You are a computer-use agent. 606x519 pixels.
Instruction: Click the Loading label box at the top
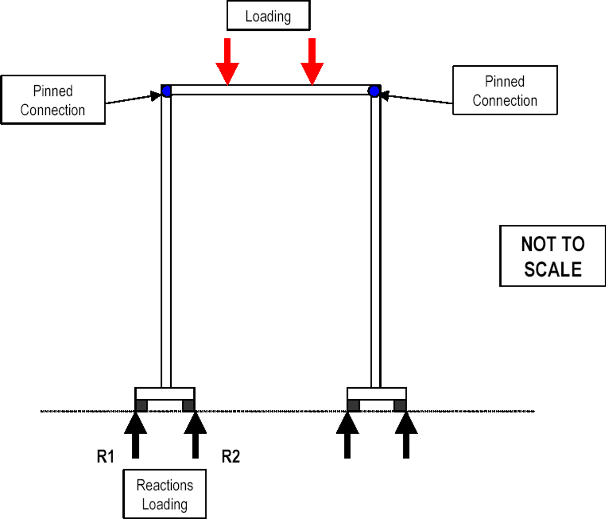[268, 16]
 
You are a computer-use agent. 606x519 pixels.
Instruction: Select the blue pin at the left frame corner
[167, 91]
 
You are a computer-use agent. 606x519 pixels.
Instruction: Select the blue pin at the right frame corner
[374, 91]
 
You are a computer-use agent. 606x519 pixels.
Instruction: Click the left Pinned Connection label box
[53, 100]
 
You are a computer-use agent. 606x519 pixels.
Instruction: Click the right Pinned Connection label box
[505, 90]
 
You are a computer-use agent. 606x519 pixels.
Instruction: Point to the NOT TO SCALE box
[552, 256]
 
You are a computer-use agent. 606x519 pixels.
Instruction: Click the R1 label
[106, 457]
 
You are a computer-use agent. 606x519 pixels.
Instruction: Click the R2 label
[231, 457]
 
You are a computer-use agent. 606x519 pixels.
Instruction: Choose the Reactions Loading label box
[165, 494]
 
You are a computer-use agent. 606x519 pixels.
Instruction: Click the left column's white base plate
[165, 394]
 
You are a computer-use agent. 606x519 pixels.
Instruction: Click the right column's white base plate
[377, 394]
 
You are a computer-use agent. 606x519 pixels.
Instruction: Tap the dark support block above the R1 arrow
[141, 405]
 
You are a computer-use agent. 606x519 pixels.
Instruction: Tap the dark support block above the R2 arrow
[188, 405]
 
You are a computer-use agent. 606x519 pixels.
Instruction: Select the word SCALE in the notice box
[552, 269]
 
